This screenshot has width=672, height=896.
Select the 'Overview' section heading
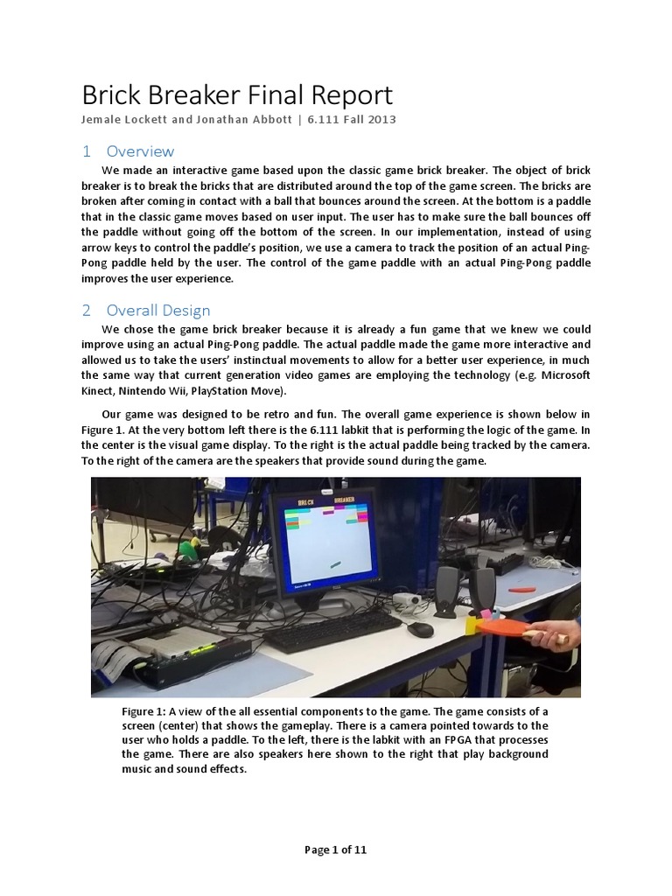(x=140, y=150)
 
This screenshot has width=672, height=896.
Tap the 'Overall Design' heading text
(x=157, y=310)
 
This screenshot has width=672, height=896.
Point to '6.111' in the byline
(x=325, y=120)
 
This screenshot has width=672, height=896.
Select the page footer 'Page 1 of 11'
(x=336, y=850)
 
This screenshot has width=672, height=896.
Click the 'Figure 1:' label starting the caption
(x=143, y=711)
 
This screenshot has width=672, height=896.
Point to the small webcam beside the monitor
(x=404, y=599)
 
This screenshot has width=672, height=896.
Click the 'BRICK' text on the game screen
(x=307, y=502)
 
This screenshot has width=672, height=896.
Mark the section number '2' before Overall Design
(x=87, y=310)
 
